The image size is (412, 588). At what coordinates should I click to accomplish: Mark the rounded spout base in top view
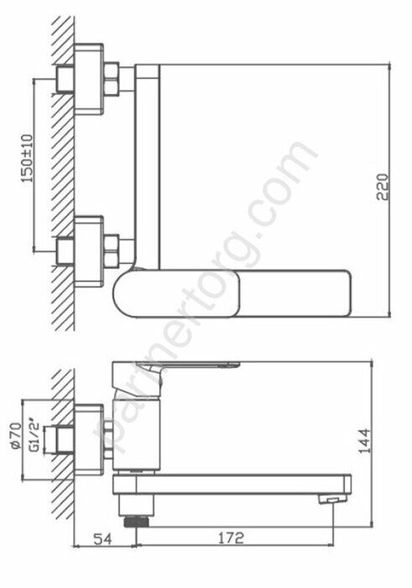pos(130,294)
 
